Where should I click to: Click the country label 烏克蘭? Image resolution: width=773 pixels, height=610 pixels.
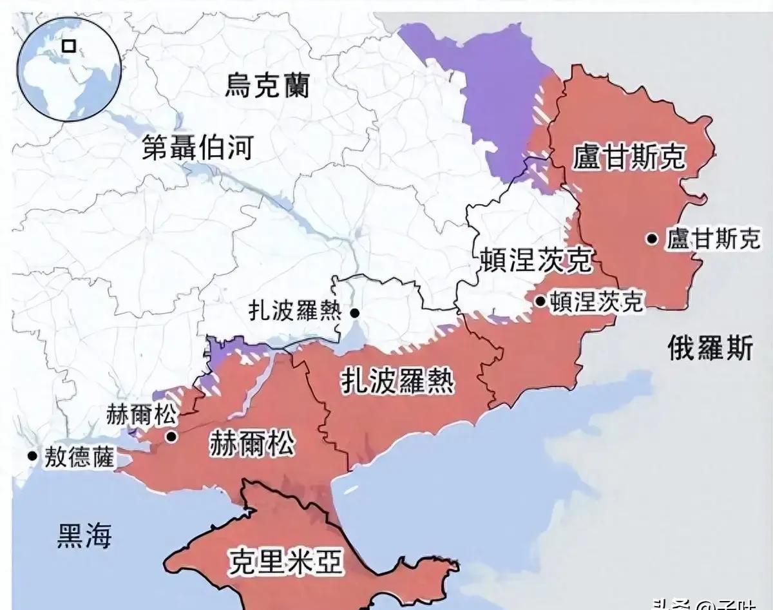(267, 85)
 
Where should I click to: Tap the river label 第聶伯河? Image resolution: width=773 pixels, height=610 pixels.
(198, 148)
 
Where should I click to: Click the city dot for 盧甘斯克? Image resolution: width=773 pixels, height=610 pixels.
(653, 240)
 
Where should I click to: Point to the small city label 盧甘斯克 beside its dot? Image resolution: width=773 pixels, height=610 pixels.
(713, 240)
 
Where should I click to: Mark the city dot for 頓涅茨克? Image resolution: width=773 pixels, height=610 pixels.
(539, 300)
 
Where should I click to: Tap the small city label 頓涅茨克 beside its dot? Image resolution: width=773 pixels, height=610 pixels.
(595, 301)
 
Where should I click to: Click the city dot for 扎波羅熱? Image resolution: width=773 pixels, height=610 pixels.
(355, 313)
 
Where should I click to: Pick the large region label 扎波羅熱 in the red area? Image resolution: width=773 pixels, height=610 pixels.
(397, 381)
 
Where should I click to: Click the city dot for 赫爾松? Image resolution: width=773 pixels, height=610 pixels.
(171, 437)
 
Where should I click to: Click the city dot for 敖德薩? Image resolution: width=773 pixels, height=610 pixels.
(32, 455)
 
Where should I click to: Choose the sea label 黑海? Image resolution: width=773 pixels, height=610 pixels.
(84, 535)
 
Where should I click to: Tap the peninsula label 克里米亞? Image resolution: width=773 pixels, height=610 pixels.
(285, 562)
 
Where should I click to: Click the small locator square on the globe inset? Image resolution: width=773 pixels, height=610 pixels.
(68, 46)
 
